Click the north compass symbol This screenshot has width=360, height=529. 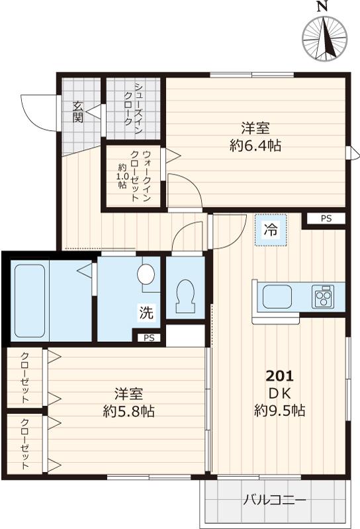click(x=324, y=36)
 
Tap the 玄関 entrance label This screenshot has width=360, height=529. click(x=77, y=113)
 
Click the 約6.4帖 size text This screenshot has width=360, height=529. click(x=255, y=146)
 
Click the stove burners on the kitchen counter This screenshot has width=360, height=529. click(x=324, y=296)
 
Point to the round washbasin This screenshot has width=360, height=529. click(x=146, y=274)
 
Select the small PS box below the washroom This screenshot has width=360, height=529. click(x=150, y=338)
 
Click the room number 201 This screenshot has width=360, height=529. click(x=279, y=376)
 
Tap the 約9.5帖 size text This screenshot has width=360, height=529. click(x=279, y=411)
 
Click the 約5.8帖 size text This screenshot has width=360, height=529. click(x=128, y=411)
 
